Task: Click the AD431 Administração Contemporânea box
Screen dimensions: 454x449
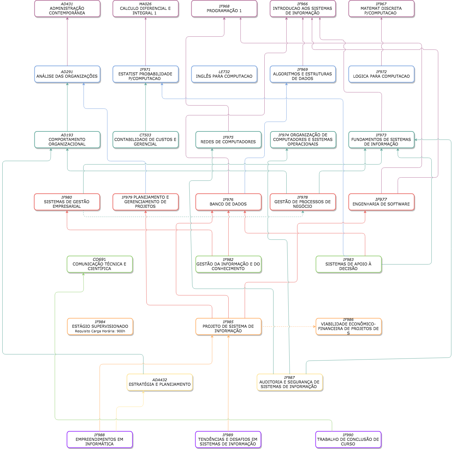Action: coord(67,9)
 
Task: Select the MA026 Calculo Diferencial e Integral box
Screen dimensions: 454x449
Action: coord(145,9)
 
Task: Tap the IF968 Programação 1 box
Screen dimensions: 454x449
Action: coord(224,9)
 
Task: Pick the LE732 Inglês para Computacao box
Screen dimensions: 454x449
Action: coord(224,74)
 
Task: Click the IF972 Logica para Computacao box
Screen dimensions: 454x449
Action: coord(381,74)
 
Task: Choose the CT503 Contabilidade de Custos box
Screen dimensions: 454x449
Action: coord(145,140)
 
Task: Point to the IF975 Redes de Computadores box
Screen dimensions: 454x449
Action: coord(228,140)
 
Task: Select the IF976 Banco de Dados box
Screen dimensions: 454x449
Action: coord(228,202)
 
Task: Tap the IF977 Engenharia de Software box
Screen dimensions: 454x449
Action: coord(381,202)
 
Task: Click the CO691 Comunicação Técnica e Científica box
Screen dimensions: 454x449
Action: coord(100,264)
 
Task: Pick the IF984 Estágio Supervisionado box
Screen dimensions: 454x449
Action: coord(100,327)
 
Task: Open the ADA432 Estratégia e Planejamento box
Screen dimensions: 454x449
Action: coord(160,382)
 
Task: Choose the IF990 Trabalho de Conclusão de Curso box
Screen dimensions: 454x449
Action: coord(348,440)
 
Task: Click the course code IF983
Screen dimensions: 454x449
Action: coord(348,260)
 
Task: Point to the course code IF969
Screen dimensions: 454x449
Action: coord(303,69)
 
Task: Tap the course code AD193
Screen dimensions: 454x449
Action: coord(67,135)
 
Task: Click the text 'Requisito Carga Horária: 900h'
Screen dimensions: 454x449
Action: coord(100,331)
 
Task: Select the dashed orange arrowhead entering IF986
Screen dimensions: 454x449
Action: coord(314,327)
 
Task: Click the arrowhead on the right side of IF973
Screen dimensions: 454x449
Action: coord(416,140)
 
